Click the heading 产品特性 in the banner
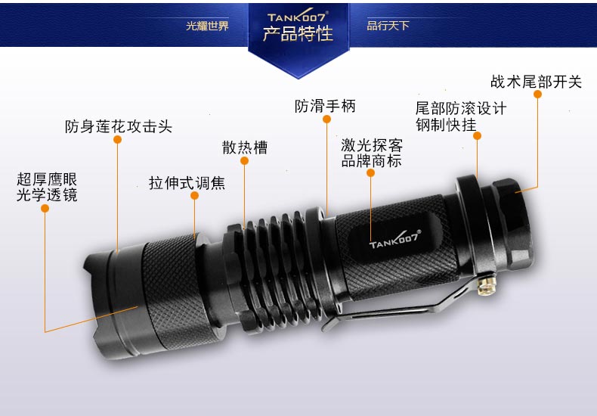click(298, 34)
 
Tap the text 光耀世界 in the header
click(207, 26)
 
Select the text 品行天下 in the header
click(388, 26)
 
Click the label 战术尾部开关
click(536, 81)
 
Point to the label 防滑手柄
click(325, 106)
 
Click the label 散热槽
click(245, 147)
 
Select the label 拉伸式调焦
click(187, 183)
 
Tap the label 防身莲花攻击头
click(118, 126)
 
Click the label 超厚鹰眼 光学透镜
click(47, 187)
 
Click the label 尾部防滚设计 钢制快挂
click(461, 116)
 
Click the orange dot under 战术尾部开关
click(537, 95)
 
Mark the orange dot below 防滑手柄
click(326, 119)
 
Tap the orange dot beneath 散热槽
click(244, 161)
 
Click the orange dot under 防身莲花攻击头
click(117, 140)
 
